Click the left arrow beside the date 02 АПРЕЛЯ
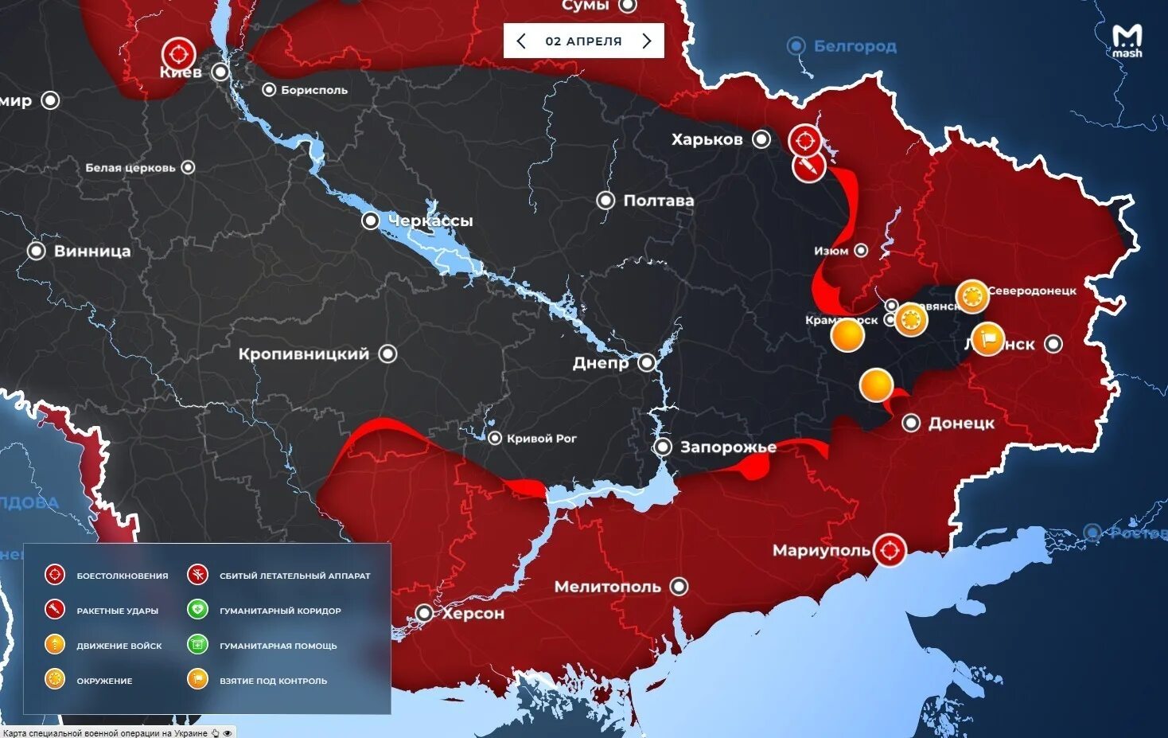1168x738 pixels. click(521, 41)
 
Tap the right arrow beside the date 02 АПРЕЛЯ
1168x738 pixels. click(647, 41)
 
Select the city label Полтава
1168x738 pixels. click(658, 201)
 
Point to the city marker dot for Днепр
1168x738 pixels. click(647, 363)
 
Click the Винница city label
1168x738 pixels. click(92, 251)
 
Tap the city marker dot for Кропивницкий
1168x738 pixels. click(387, 353)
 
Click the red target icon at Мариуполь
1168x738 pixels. click(889, 550)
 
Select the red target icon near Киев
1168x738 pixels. click(178, 54)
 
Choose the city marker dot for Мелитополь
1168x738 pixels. click(679, 587)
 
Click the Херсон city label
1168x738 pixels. click(473, 614)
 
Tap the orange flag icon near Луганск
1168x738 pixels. click(987, 339)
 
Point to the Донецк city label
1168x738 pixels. click(961, 424)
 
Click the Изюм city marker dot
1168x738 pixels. click(861, 251)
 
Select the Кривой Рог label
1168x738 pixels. click(541, 439)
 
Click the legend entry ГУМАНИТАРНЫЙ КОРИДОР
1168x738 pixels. click(280, 611)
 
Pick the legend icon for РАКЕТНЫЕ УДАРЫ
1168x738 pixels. click(55, 610)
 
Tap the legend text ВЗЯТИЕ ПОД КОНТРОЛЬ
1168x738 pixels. click(273, 681)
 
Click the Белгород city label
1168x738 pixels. click(855, 46)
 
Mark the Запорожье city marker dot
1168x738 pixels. click(663, 447)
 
